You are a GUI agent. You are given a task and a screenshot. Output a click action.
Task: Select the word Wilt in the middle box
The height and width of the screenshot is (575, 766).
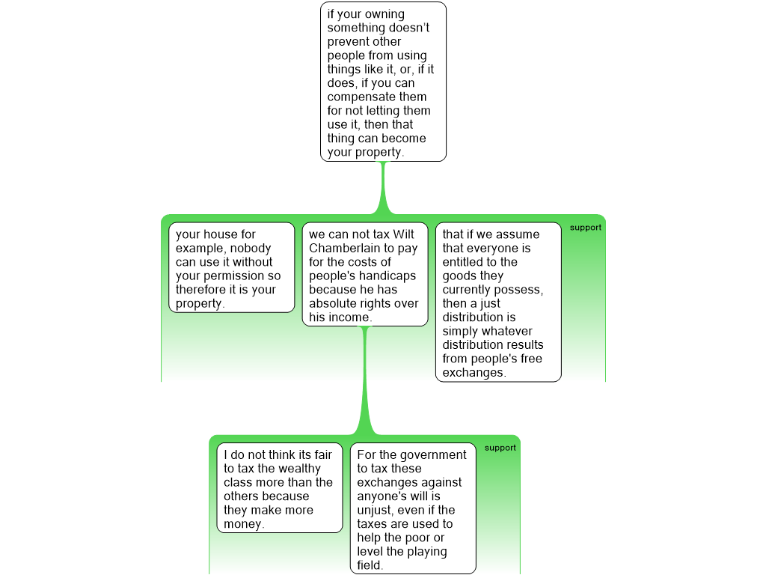[x=403, y=234]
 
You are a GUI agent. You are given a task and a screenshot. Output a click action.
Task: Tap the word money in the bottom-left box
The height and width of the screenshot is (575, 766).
[x=244, y=524]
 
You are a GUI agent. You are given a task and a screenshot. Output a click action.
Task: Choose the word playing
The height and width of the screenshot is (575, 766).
[x=427, y=552]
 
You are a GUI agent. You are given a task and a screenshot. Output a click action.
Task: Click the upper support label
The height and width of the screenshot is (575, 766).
[x=585, y=228]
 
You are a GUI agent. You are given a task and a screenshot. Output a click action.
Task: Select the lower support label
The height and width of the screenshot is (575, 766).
[x=500, y=448]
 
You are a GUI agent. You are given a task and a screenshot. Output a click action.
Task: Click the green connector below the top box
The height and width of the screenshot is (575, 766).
[x=384, y=188]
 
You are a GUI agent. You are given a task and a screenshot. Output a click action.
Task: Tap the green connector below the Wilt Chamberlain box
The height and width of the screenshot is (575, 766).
[x=364, y=380]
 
